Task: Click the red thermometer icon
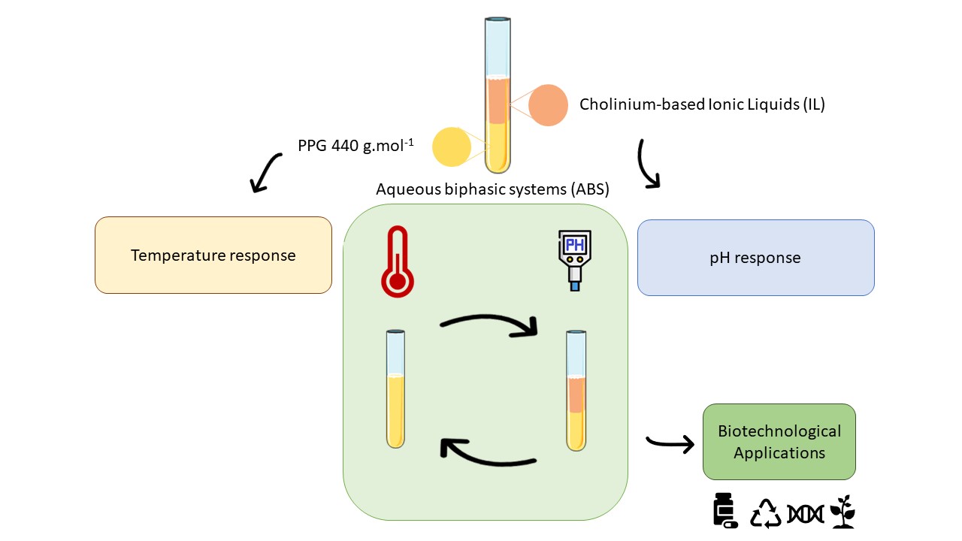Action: (397, 263)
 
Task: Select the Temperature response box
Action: (213, 255)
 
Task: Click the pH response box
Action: (755, 258)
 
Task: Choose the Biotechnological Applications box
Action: (779, 442)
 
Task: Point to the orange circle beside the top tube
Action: (548, 106)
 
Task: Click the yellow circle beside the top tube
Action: (452, 146)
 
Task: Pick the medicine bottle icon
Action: (725, 510)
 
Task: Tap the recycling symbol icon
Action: (767, 512)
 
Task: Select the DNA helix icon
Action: (805, 513)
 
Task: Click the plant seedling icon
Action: (843, 512)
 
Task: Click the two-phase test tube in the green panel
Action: (576, 391)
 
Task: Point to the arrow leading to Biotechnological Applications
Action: (670, 444)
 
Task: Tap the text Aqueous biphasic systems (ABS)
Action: (492, 189)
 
